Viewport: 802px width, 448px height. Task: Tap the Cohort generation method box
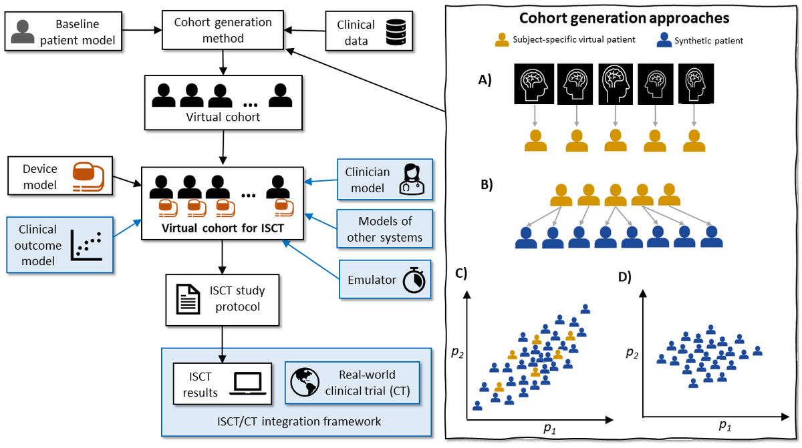pos(223,29)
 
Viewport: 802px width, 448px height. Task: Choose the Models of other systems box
pos(384,229)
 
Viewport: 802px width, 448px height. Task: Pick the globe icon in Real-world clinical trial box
pos(304,383)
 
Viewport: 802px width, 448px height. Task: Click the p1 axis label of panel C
pos(549,428)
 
